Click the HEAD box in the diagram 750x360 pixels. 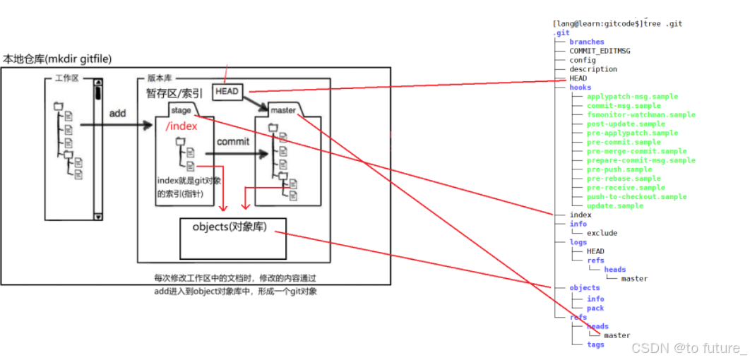point(227,91)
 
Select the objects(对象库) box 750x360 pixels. point(233,238)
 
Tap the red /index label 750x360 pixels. point(181,126)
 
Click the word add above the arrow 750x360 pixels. point(118,112)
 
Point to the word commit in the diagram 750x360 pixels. point(233,142)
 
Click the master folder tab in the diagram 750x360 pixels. point(282,110)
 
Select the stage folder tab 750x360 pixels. point(181,110)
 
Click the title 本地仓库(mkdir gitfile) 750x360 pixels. point(57,59)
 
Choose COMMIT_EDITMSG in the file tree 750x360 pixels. point(600,51)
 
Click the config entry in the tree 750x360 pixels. point(583,60)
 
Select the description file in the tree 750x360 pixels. point(593,69)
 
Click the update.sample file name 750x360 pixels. point(615,205)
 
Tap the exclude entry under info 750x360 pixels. point(602,233)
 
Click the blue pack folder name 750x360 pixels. point(595,308)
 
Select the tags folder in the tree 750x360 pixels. point(595,344)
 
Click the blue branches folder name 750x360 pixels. point(587,42)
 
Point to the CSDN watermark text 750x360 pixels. point(689,348)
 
